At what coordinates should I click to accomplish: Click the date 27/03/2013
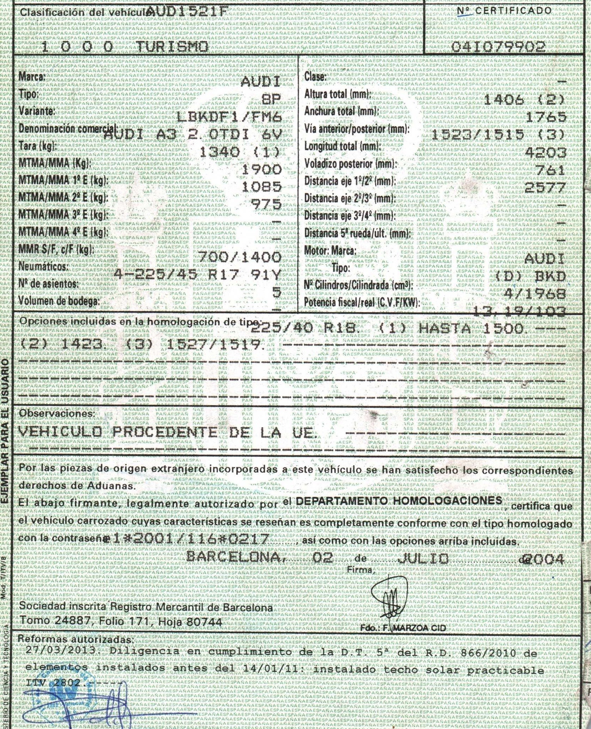(x=62, y=650)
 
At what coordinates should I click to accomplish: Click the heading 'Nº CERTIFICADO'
(x=504, y=11)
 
